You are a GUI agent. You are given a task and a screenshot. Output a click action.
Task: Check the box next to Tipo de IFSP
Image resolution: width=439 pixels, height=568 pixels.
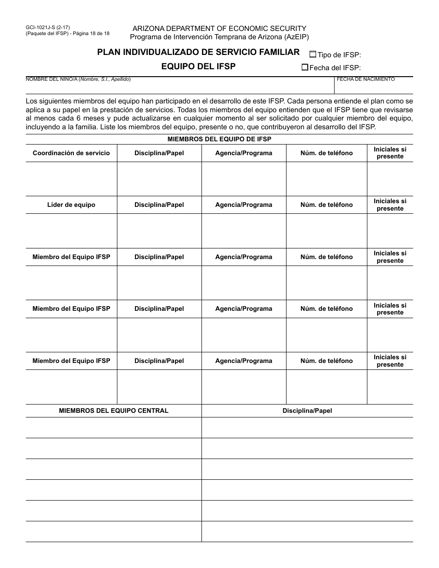[313, 54]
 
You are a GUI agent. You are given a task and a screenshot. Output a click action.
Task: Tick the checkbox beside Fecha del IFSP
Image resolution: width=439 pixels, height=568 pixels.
[305, 67]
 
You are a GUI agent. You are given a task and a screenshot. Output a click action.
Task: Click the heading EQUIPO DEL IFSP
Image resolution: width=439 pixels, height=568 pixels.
[198, 66]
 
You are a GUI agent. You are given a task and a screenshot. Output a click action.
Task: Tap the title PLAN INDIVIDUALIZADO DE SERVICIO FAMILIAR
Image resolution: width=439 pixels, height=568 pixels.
[198, 52]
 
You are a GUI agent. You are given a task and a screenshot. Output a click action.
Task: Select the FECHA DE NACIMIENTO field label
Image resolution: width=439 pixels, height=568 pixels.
[366, 79]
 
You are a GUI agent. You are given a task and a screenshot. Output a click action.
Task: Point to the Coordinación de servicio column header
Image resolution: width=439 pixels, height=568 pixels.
[71, 153]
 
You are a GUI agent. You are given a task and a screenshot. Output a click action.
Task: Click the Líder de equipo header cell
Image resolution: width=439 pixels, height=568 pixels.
[71, 205]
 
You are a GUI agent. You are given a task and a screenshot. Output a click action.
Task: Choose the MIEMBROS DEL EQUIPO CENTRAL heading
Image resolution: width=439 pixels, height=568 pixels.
[114, 411]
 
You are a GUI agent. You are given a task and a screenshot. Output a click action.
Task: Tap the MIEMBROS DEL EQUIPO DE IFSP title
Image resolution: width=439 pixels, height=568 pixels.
[219, 139]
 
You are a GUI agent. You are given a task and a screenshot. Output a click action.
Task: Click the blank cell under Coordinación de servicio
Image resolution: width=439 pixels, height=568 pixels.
[71, 179]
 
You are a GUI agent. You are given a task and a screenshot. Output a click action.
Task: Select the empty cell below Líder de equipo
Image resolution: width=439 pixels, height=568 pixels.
[71, 231]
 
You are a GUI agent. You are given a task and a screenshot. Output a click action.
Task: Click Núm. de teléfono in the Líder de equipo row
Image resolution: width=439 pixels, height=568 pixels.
[326, 205]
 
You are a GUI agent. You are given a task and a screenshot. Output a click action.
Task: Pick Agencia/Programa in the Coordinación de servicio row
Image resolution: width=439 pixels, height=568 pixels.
[244, 153]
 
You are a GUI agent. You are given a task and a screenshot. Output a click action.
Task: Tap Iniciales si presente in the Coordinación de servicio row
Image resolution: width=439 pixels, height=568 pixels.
[390, 153]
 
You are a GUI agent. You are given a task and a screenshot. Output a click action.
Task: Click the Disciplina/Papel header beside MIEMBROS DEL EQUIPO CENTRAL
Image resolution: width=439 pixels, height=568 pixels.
[307, 411]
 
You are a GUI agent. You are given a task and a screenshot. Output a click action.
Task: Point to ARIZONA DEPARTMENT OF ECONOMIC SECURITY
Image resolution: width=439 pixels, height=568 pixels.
[219, 29]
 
